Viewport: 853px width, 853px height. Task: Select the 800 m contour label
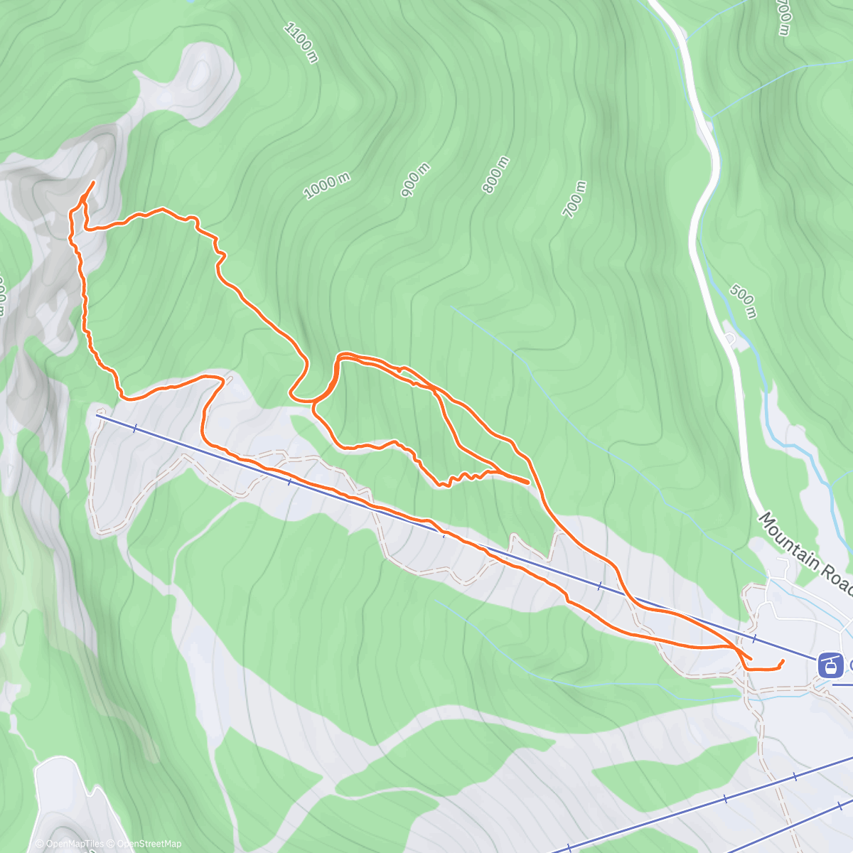click(496, 174)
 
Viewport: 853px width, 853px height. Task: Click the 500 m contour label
click(742, 301)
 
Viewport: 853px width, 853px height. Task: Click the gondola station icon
click(828, 665)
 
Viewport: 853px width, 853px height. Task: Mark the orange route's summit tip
click(93, 183)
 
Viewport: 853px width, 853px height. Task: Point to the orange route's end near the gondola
click(783, 661)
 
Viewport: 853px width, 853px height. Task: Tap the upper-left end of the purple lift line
click(99, 415)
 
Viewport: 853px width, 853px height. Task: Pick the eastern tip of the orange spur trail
click(527, 482)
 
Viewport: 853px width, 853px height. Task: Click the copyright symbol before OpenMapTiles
click(40, 844)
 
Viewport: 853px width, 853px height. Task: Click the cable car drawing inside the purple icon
click(828, 666)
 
